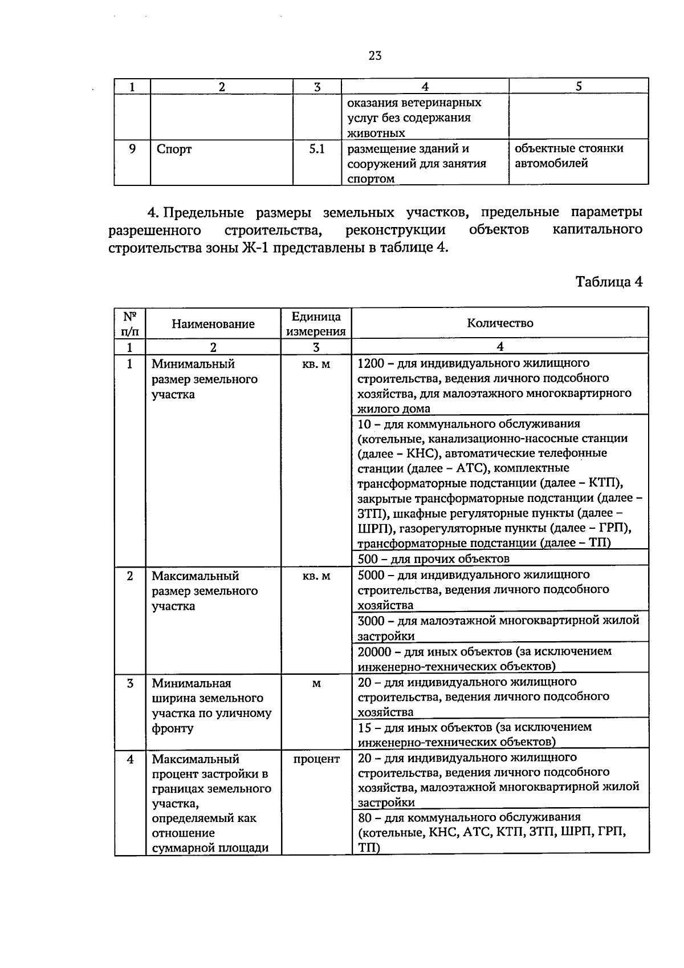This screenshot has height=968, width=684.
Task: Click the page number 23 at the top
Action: (374, 55)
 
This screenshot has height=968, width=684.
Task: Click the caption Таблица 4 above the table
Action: (609, 282)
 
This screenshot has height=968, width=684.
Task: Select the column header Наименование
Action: (213, 324)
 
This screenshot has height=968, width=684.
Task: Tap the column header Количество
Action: (500, 323)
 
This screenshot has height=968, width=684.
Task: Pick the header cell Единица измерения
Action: (316, 324)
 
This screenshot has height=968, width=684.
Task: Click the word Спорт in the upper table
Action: (174, 149)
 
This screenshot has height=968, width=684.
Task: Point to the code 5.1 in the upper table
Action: (316, 149)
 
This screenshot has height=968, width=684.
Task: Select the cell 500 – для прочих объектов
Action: (433, 558)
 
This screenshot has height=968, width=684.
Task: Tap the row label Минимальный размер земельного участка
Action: (204, 379)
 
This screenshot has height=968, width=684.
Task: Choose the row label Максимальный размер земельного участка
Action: (204, 591)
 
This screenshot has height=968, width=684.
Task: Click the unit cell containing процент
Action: (316, 759)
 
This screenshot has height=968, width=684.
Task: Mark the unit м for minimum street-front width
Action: (316, 683)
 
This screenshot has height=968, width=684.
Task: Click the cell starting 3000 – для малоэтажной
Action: (498, 627)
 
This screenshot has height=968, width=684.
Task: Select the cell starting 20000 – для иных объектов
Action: (484, 658)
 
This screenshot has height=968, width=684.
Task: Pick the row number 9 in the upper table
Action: (132, 149)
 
